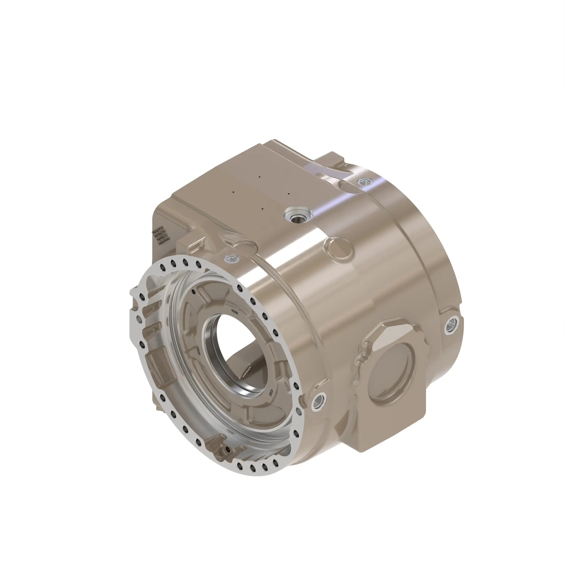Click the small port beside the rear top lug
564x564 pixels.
[364, 182]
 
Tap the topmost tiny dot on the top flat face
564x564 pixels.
[259, 177]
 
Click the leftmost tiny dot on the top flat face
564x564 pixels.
[233, 192]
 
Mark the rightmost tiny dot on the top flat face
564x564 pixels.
[288, 193]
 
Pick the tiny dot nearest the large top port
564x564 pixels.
[263, 209]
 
